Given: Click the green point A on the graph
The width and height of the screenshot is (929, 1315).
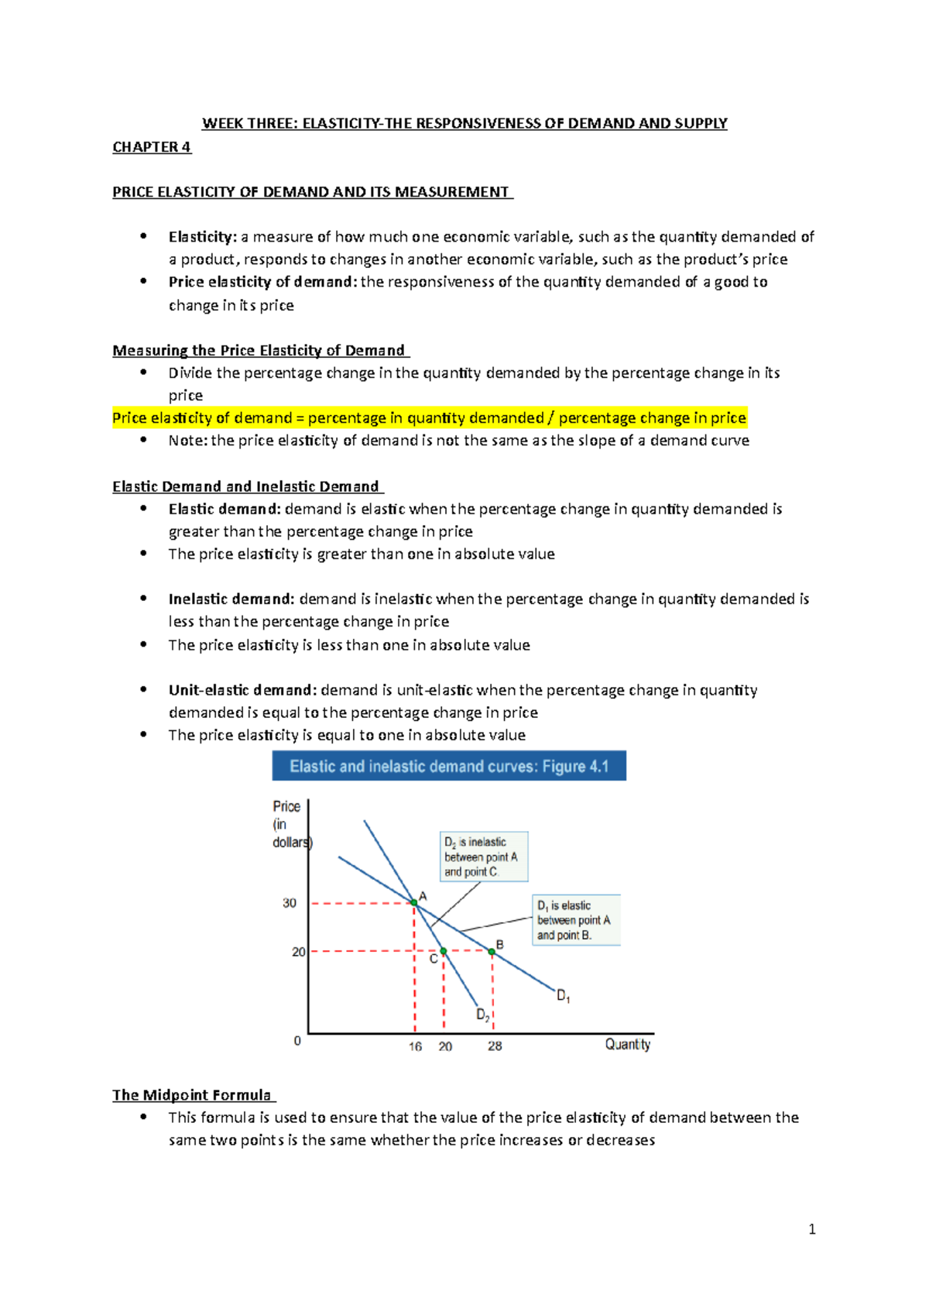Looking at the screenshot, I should tap(414, 903).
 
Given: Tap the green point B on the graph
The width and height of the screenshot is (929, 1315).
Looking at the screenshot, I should tap(492, 951).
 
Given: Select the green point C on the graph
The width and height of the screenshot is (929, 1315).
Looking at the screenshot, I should tap(444, 951).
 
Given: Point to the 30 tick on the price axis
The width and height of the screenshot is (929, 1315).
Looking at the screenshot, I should tap(290, 903).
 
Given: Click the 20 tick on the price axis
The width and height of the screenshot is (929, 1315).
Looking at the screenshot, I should tap(298, 952).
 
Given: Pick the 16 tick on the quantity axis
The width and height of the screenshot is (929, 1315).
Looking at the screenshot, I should tap(415, 1046).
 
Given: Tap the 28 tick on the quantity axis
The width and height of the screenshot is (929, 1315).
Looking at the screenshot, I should tap(495, 1046).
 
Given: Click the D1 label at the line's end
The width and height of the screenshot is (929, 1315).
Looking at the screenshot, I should tap(564, 997).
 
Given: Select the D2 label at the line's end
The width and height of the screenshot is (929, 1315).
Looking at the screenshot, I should tap(482, 1015).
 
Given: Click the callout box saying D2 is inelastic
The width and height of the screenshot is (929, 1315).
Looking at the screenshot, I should tap(484, 857).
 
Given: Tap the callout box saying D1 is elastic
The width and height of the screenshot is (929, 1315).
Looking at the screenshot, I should tap(577, 920).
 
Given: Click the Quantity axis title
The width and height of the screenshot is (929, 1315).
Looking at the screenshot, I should tap(627, 1045).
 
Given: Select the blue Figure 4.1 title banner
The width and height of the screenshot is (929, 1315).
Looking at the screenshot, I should tap(449, 766).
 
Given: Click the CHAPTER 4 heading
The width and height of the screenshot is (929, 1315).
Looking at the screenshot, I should tap(152, 147).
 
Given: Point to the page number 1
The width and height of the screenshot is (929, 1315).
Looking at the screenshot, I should tap(811, 1229).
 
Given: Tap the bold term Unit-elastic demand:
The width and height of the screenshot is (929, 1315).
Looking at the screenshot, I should tap(242, 690).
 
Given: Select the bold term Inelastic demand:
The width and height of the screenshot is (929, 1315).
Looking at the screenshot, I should tap(231, 599).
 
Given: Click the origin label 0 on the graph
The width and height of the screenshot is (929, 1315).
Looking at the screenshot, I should tap(297, 1041).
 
